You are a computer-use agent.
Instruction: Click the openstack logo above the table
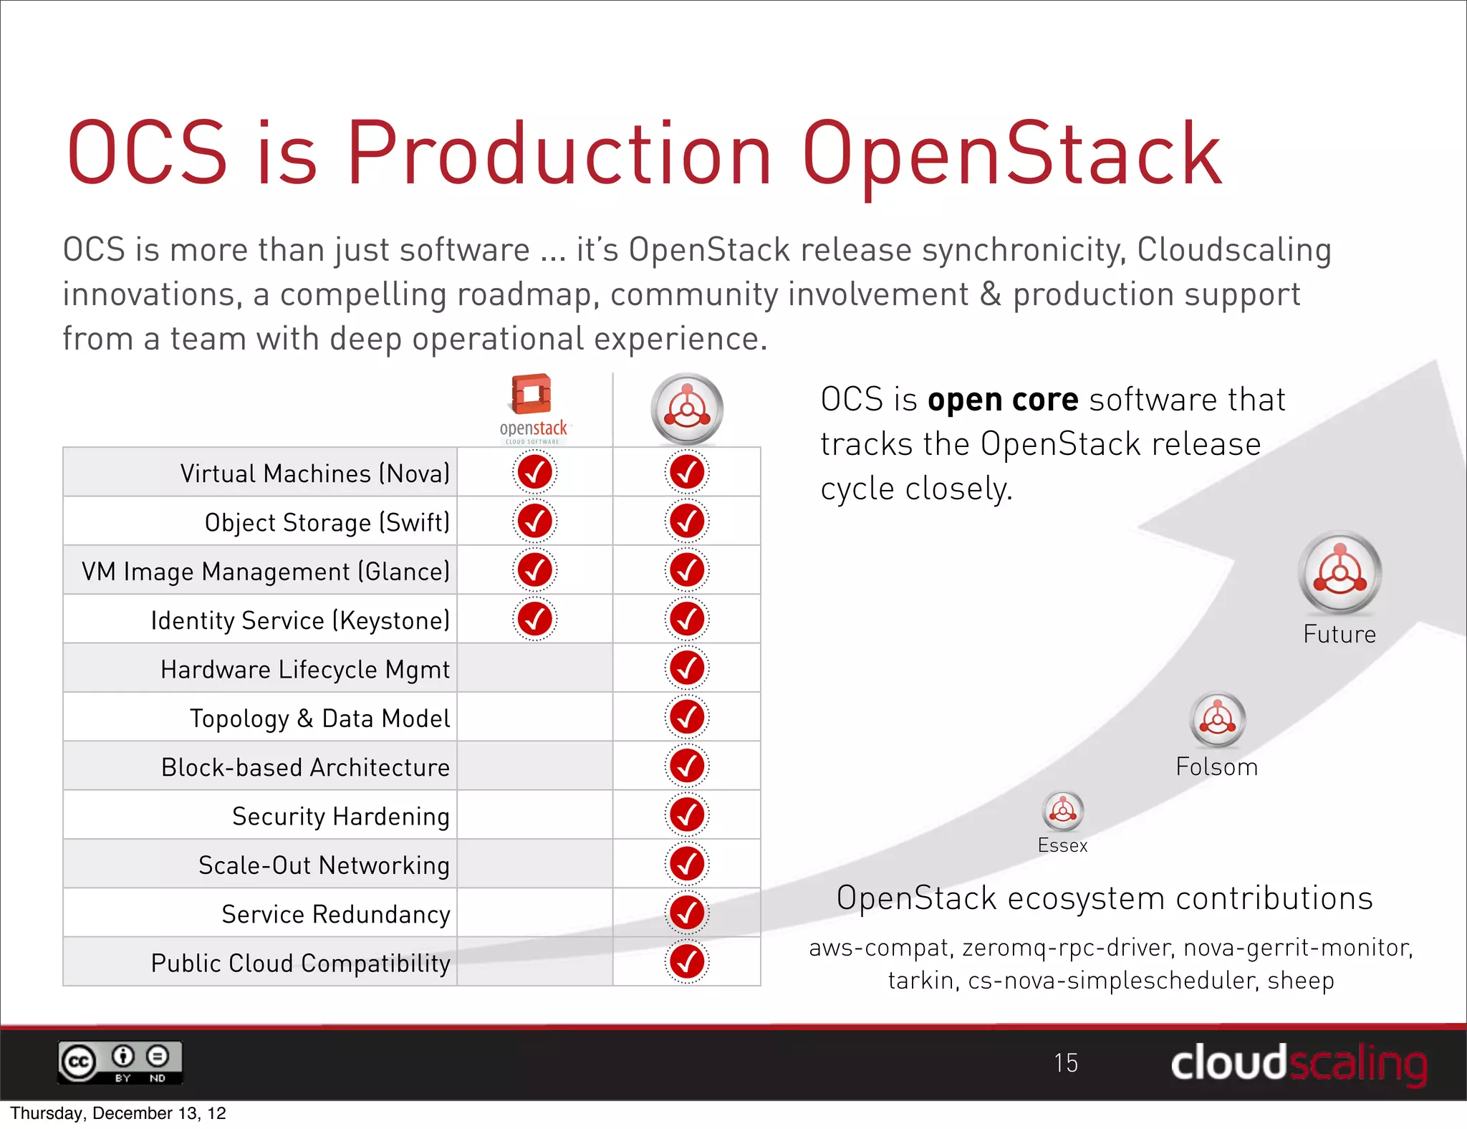click(533, 408)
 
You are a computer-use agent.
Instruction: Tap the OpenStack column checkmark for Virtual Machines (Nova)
click(534, 472)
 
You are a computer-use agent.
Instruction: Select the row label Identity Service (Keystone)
click(300, 620)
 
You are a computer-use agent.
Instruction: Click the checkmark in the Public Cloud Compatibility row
click(687, 961)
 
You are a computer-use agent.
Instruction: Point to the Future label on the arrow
click(1339, 635)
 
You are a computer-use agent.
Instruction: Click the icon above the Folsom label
click(1218, 719)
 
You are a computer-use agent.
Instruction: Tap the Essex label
click(1062, 845)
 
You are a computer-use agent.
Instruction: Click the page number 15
click(1065, 1062)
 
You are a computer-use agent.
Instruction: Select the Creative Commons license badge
click(120, 1062)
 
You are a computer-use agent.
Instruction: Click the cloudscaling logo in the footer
click(1298, 1063)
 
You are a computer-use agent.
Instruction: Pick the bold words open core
click(1002, 400)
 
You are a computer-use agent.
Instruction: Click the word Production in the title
click(559, 154)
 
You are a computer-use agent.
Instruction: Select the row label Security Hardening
click(340, 816)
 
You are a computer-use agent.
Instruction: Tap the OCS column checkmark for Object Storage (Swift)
click(687, 521)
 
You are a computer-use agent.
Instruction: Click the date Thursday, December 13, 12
click(118, 1113)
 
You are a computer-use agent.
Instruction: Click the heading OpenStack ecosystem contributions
click(1104, 898)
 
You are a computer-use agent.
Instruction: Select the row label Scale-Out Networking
click(324, 865)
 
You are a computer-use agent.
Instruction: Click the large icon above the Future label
click(1339, 573)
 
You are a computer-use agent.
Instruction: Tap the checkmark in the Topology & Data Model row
click(687, 716)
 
